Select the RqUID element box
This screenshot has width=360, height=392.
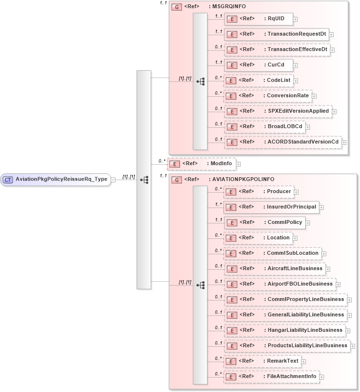tap(258, 19)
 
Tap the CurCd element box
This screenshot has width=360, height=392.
tap(258, 65)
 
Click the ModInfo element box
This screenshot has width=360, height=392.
tap(202, 164)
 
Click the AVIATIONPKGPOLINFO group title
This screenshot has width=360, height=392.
tap(241, 180)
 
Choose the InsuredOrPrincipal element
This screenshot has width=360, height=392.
tap(271, 207)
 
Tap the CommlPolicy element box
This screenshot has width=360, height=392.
tap(264, 222)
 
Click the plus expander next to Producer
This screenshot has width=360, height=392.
tap(296, 192)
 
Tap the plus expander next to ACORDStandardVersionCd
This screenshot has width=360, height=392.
tap(344, 142)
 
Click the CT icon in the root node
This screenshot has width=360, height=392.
tap(8, 180)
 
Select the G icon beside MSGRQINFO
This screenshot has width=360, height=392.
tap(177, 7)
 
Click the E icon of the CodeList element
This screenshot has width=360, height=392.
tap(231, 80)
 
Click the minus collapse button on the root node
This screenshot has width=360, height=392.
tap(113, 180)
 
